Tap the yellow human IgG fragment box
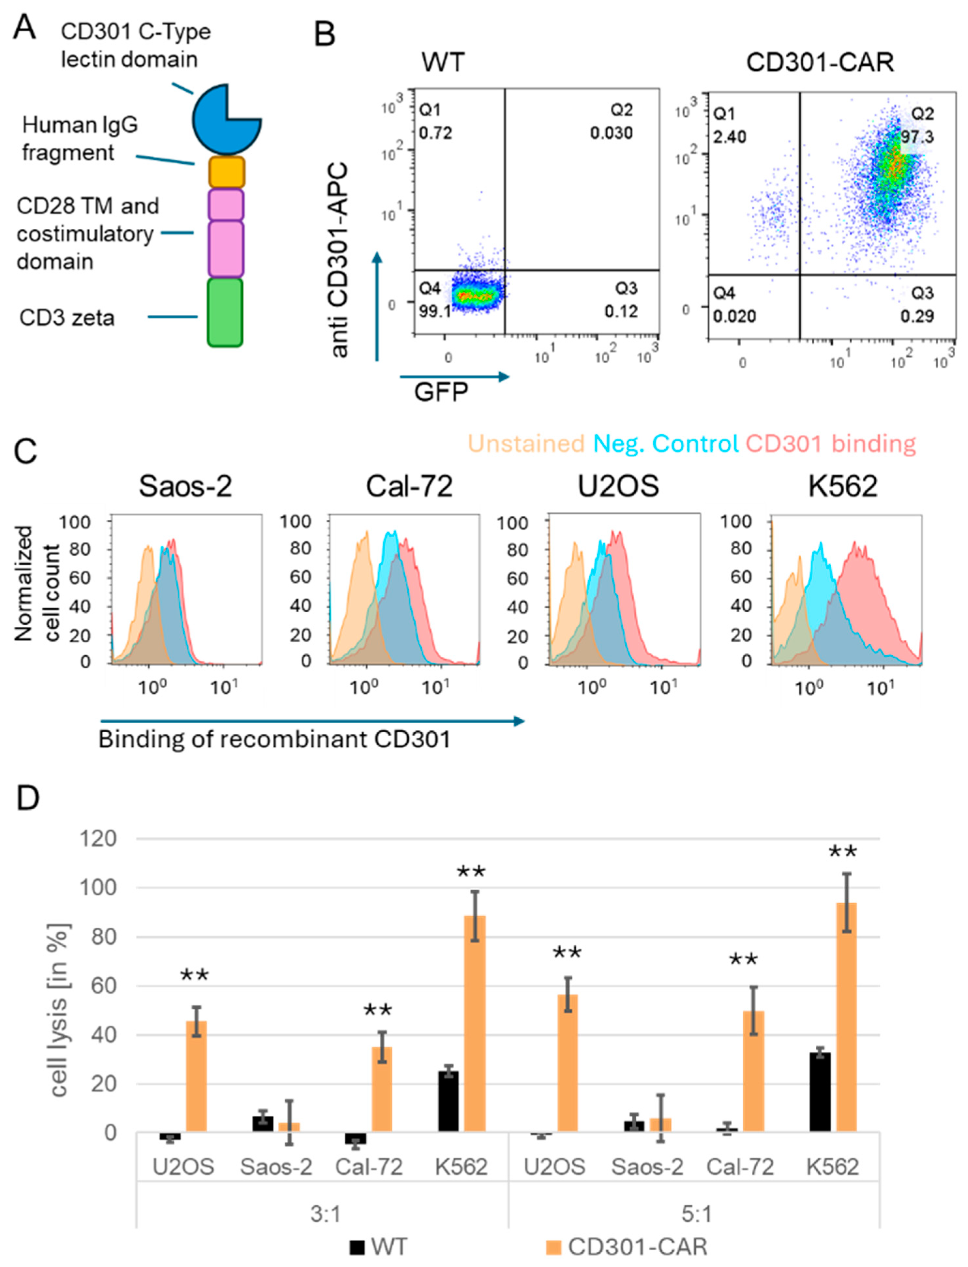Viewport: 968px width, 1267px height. tap(226, 172)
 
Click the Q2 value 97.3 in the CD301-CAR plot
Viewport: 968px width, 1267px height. tap(917, 137)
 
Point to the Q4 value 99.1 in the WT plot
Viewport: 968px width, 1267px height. tap(434, 312)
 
